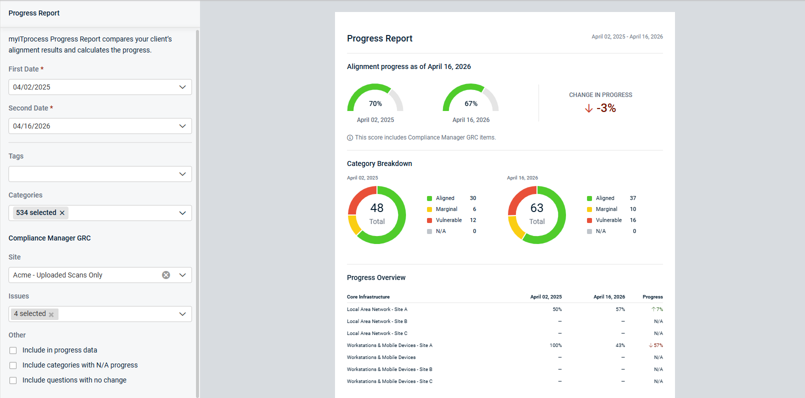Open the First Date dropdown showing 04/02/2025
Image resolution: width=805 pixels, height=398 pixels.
[x=100, y=87]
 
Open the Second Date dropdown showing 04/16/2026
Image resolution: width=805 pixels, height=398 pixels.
[x=100, y=126]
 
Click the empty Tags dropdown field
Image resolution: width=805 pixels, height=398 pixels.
[x=100, y=174]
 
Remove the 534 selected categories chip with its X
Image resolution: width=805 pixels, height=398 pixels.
[x=62, y=213]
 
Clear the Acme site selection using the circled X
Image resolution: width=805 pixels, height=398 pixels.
[x=165, y=275]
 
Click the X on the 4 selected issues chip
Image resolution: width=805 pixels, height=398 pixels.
[x=51, y=314]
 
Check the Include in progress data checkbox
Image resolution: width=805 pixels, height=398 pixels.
[x=13, y=350]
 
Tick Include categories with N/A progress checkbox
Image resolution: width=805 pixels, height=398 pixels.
[x=13, y=365]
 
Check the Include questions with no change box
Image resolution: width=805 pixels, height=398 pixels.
[x=13, y=380]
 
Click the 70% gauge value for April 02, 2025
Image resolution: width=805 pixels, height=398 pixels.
[x=375, y=103]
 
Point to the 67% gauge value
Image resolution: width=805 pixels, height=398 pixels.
[x=471, y=103]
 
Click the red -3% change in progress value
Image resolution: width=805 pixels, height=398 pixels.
[x=606, y=108]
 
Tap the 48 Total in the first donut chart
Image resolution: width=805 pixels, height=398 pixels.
[x=377, y=213]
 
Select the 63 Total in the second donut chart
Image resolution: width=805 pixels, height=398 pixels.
[x=537, y=213]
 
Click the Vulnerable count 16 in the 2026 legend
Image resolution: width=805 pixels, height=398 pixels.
[x=633, y=220]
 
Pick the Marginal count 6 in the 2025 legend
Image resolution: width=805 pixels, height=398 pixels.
[x=474, y=209]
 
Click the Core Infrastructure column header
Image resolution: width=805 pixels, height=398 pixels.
[x=368, y=297]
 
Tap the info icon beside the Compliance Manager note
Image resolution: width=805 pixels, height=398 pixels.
[x=349, y=137]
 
